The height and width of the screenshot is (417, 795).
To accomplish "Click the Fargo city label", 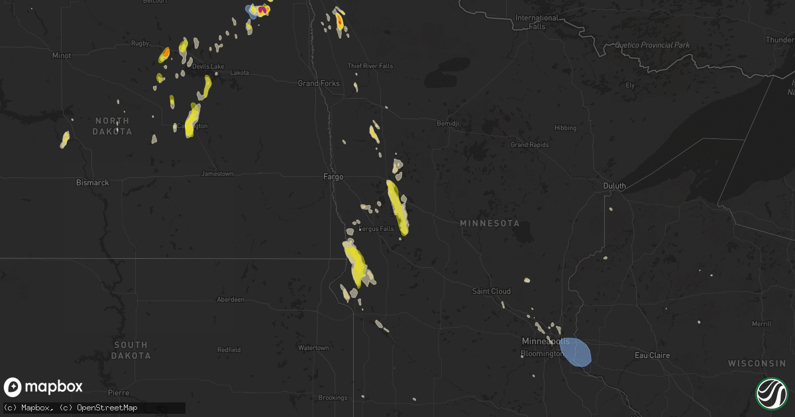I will pyautogui.click(x=333, y=177).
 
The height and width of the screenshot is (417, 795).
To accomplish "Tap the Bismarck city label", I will pyautogui.click(x=92, y=182).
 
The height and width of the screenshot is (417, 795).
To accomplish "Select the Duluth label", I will pyautogui.click(x=614, y=186).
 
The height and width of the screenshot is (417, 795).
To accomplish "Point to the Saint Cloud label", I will pyautogui.click(x=491, y=291).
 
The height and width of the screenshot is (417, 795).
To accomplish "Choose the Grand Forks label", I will pyautogui.click(x=319, y=83).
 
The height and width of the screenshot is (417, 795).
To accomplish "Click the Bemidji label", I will pyautogui.click(x=448, y=123).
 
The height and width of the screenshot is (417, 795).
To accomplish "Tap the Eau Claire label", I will pyautogui.click(x=653, y=355).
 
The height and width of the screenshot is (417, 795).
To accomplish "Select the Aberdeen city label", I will pyautogui.click(x=231, y=300).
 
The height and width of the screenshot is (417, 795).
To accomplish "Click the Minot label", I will pyautogui.click(x=62, y=56).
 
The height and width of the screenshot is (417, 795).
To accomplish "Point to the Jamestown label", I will pyautogui.click(x=217, y=174).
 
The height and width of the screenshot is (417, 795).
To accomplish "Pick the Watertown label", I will pyautogui.click(x=313, y=348).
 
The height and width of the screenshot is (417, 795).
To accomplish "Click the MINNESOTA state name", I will pyautogui.click(x=490, y=224).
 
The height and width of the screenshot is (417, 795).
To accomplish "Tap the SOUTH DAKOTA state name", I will pyautogui.click(x=131, y=350).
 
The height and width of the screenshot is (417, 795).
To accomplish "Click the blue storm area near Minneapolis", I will pyautogui.click(x=576, y=351).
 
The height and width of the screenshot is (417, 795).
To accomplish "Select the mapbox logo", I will pyautogui.click(x=44, y=387).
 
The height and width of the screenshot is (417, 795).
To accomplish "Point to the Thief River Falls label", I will pyautogui.click(x=370, y=66).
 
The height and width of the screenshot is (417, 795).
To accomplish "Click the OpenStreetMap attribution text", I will pyautogui.click(x=107, y=408).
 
